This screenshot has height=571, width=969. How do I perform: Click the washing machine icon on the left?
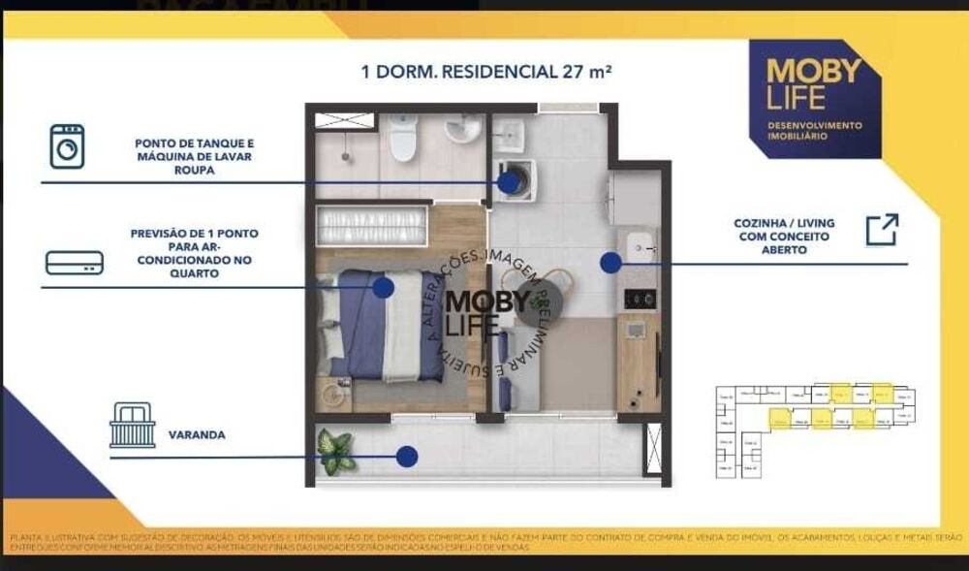click(67, 146)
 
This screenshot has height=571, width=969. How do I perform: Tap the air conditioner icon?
click(75, 262)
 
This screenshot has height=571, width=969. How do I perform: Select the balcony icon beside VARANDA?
click(133, 426)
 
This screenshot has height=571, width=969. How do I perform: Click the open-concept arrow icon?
click(882, 230)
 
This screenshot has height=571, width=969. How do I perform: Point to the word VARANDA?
click(197, 435)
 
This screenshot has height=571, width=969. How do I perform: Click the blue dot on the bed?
click(384, 287)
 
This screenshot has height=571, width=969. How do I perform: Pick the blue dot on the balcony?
click(407, 456)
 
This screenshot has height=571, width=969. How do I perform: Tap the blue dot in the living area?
click(610, 262)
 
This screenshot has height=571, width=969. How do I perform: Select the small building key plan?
click(814, 431)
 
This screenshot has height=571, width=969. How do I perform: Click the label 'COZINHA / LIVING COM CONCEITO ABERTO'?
click(784, 236)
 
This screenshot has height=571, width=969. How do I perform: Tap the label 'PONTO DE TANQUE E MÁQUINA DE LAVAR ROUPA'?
click(196, 156)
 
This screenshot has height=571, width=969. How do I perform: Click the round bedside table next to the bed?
click(335, 395)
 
